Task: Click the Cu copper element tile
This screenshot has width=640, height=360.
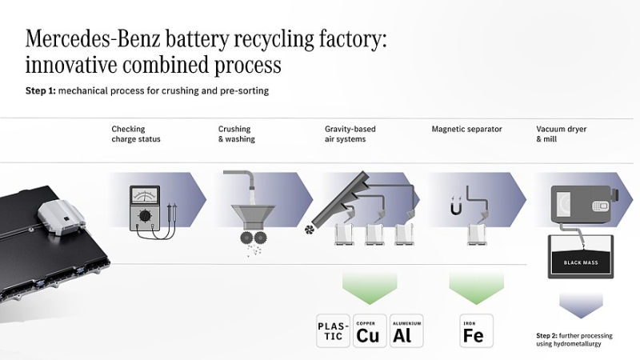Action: [368, 331]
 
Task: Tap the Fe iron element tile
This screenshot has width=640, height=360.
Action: [473, 331]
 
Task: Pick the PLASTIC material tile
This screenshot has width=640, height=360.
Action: [334, 331]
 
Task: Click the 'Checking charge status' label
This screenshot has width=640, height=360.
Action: [136, 134]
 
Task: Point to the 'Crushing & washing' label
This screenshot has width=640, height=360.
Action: [237, 134]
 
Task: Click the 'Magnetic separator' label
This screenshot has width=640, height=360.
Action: [466, 129]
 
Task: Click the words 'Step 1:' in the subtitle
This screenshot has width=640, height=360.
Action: [42, 91]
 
